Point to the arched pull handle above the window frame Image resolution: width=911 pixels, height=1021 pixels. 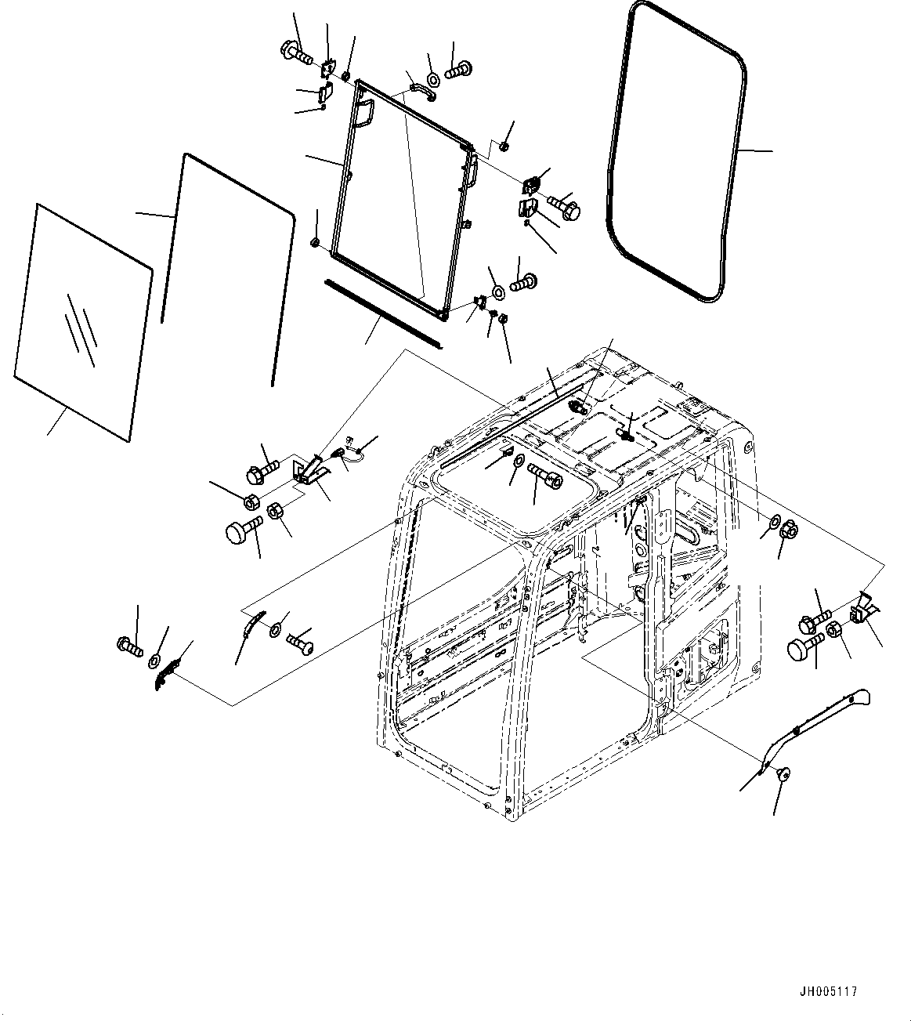(x=420, y=92)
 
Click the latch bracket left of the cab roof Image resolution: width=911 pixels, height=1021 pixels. (x=308, y=472)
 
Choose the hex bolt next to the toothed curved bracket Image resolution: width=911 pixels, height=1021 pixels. (x=129, y=646)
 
